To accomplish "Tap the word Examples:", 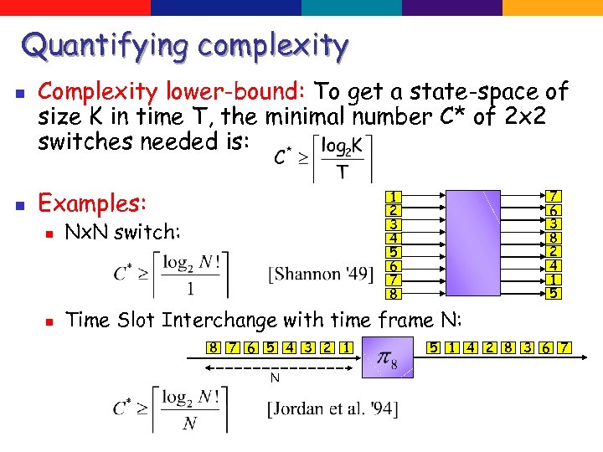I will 93,203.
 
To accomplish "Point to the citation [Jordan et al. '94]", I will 333,409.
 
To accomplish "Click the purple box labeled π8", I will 388,357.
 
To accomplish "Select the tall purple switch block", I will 472,243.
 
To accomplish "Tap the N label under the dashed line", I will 274,378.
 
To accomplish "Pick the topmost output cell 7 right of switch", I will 554,197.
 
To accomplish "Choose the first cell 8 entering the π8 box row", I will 214,347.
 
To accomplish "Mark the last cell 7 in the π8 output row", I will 565,347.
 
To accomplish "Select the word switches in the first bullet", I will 85,141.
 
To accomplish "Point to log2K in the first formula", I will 343,145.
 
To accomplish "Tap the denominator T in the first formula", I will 341,173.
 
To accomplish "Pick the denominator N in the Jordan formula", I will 190,423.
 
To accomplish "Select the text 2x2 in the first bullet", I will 525,116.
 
